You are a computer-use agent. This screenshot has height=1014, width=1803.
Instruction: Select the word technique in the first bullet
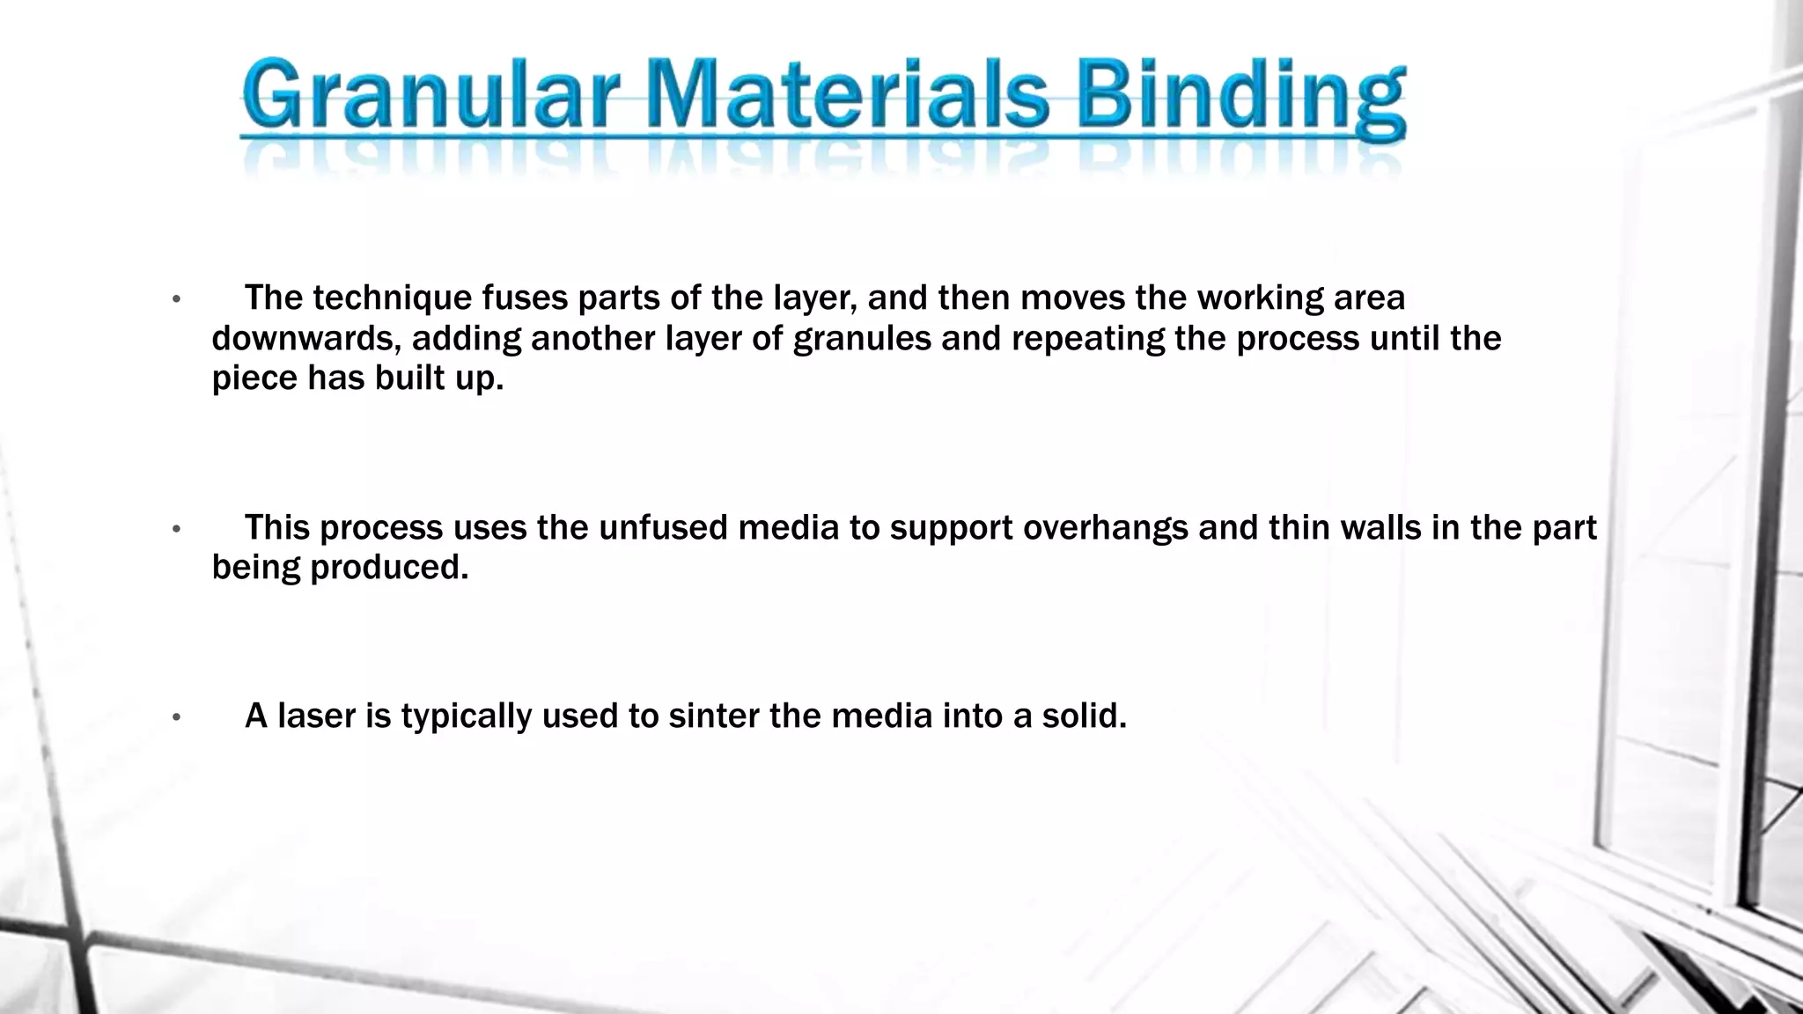tap(391, 298)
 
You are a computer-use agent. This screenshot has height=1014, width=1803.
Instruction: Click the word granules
tap(861, 338)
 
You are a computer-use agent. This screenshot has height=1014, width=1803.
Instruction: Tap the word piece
tap(254, 378)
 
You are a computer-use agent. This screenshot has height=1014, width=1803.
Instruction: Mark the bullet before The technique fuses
tap(176, 300)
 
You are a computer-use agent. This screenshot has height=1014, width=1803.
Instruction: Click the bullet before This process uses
tap(176, 529)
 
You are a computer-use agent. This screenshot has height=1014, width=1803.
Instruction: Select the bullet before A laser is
tap(176, 717)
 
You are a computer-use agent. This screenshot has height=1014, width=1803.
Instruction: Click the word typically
tap(467, 716)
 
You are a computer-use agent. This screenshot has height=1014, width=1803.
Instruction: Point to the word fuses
tap(524, 298)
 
